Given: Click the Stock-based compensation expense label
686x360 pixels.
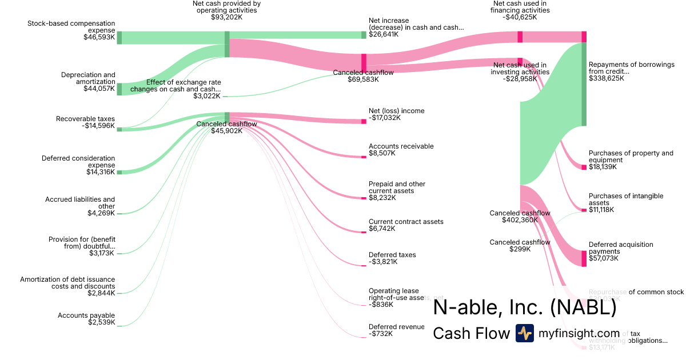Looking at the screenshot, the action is (x=71, y=27).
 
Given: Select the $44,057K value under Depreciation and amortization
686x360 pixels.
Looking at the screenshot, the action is (x=99, y=89).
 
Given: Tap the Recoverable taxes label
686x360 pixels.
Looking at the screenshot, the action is (x=85, y=119).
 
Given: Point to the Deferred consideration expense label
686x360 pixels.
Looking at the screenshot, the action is (x=78, y=162).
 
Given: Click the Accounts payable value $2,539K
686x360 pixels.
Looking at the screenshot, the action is (x=101, y=322).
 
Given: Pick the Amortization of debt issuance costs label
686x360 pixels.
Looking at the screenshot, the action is (x=67, y=283).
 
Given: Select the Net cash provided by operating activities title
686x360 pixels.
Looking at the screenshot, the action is (x=226, y=7).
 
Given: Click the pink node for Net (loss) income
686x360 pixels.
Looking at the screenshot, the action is (x=364, y=121).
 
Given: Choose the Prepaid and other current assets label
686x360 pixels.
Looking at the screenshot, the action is (x=397, y=187).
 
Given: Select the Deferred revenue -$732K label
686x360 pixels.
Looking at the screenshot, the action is (x=396, y=330).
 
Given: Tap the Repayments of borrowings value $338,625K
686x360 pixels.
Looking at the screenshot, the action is (x=607, y=78).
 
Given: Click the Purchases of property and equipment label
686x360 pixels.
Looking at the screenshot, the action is (x=631, y=157).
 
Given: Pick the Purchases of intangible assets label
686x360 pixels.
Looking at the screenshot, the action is (x=626, y=199).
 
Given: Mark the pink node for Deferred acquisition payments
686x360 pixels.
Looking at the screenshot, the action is (x=584, y=258).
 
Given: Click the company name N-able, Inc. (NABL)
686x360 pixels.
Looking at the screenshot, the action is (x=525, y=308).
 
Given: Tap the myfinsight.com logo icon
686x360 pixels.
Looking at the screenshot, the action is (x=524, y=333).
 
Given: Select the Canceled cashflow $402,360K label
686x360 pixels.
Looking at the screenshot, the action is (x=520, y=217).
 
